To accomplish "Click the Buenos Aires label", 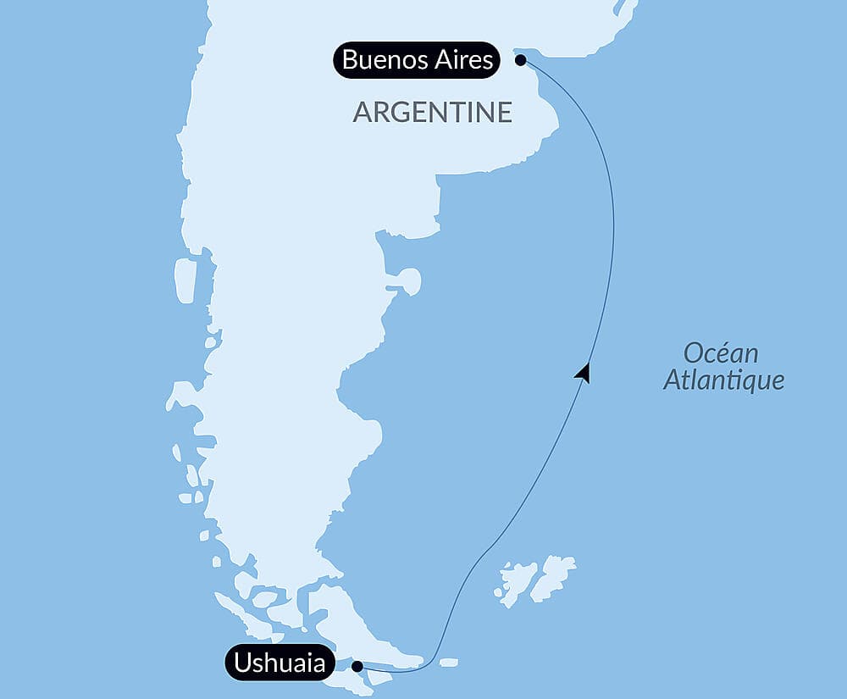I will (417, 61).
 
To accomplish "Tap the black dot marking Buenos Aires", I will (520, 60).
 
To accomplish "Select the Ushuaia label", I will (279, 663).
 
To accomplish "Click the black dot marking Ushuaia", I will (357, 666).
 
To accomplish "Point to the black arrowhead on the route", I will (583, 372).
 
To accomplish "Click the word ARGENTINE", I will (432, 112).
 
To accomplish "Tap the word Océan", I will (721, 352).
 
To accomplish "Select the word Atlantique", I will (723, 380).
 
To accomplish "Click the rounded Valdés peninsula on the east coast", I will (411, 280).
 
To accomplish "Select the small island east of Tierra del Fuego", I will (449, 661).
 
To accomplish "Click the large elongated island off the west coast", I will (185, 280).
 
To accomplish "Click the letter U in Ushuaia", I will (241, 663).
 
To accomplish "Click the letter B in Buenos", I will (349, 61).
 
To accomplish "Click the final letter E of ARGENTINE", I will (505, 112).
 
